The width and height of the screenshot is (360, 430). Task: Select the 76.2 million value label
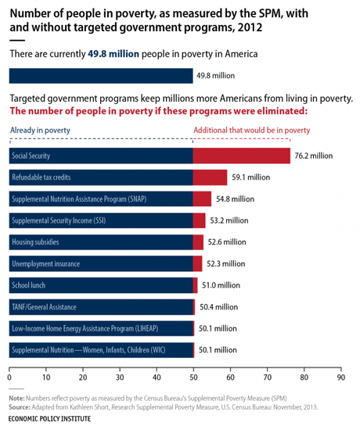[x=313, y=156]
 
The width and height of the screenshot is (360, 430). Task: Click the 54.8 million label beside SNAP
[x=235, y=199]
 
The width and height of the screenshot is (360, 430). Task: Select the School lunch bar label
[x=32, y=285]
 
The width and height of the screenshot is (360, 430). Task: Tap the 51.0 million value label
[x=221, y=285]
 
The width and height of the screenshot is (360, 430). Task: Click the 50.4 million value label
[x=218, y=306]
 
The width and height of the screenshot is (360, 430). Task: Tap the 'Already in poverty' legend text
[x=41, y=131]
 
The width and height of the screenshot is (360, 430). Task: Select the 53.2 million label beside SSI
[x=229, y=220]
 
